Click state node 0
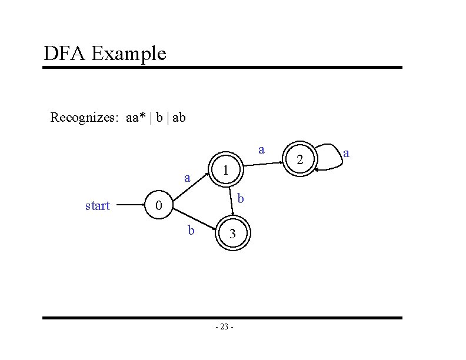[x=158, y=206]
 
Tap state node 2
[x=299, y=159]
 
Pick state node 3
[x=233, y=234]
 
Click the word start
[x=98, y=206]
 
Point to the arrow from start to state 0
[x=130, y=206]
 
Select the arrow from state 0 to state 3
[x=194, y=222]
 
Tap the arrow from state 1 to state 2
[x=261, y=165]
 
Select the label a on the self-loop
[x=347, y=153]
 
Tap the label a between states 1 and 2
[x=261, y=150]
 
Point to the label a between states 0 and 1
[x=187, y=177]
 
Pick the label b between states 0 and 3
[x=191, y=230]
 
